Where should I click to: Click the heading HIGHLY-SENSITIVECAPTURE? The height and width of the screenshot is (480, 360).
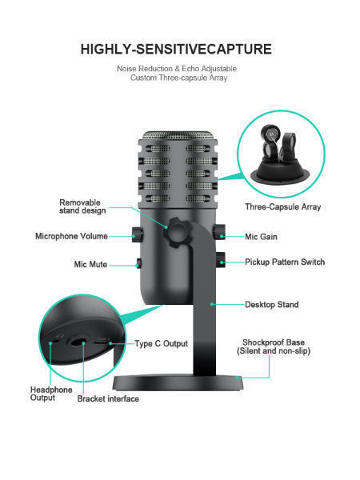pyautogui.click(x=176, y=50)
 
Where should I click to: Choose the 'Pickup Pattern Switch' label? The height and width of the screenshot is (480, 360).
pyautogui.click(x=285, y=262)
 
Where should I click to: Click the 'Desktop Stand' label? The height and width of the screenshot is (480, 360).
pyautogui.click(x=270, y=305)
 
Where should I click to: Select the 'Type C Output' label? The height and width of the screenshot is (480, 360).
pyautogui.click(x=161, y=343)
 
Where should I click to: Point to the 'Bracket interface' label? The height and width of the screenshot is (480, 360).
pyautogui.click(x=108, y=398)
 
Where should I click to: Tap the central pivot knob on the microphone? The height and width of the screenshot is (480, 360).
pyautogui.click(x=177, y=230)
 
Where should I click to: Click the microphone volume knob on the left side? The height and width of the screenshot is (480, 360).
pyautogui.click(x=137, y=235)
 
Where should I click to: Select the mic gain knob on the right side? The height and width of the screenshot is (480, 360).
pyautogui.click(x=218, y=232)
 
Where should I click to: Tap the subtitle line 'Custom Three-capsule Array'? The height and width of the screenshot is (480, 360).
pyautogui.click(x=177, y=78)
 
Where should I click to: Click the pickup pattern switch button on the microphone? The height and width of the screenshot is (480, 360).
pyautogui.click(x=219, y=261)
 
